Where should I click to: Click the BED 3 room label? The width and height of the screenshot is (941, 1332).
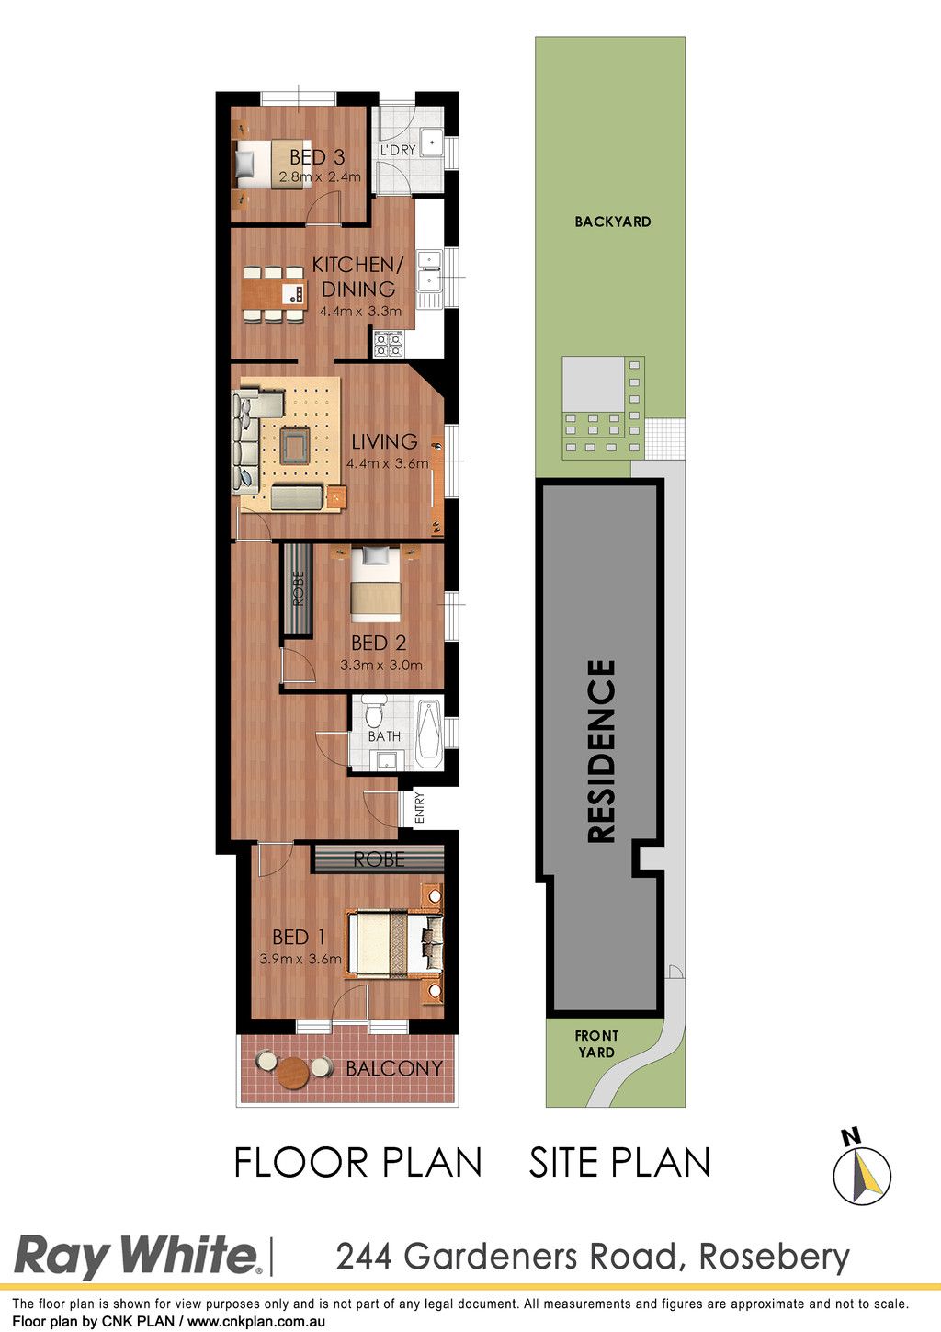click(x=317, y=157)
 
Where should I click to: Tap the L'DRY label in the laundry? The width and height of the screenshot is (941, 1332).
click(x=398, y=150)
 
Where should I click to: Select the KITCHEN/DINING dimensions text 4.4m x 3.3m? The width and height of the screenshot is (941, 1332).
click(x=360, y=311)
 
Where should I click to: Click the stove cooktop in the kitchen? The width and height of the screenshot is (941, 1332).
click(x=389, y=344)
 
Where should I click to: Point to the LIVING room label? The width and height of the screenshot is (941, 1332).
click(x=384, y=441)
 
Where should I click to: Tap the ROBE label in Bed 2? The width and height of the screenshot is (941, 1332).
click(x=299, y=588)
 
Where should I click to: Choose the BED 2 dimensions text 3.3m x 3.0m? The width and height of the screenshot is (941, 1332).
click(x=381, y=665)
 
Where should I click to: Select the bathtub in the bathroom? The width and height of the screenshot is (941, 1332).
click(x=428, y=735)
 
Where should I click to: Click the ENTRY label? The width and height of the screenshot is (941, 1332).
click(x=420, y=807)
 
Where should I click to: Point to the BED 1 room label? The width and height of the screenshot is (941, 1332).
click(x=299, y=937)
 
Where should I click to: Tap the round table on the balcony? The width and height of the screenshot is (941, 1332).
click(x=293, y=1072)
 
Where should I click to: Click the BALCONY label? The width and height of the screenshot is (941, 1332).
click(x=394, y=1068)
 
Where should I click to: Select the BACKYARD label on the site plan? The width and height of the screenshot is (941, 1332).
click(x=613, y=222)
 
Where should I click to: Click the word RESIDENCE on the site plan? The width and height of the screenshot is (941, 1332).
click(x=601, y=751)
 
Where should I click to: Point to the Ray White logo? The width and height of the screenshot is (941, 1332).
click(x=137, y=1257)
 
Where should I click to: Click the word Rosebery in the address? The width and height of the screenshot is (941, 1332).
click(x=775, y=1257)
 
